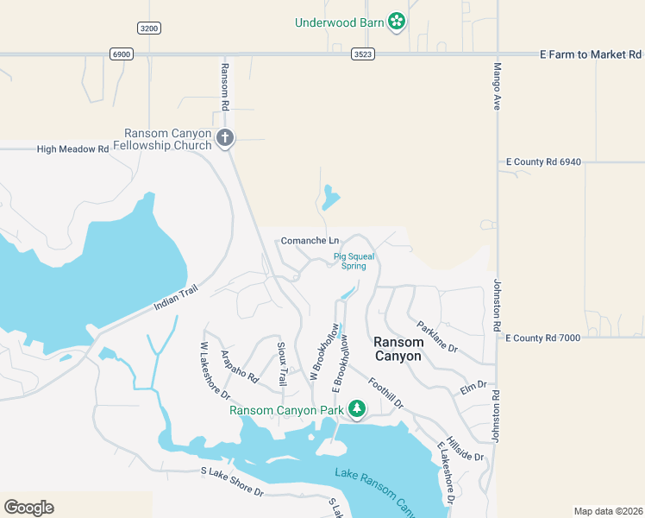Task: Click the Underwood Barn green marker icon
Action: [397, 22]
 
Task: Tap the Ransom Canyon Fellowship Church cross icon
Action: [225, 137]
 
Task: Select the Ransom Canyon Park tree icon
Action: [357, 409]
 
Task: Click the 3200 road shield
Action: [149, 28]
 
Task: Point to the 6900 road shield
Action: [122, 54]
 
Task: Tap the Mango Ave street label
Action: [498, 86]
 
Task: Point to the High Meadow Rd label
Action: [72, 149]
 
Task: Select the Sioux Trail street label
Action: [281, 363]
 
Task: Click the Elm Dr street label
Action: [473, 387]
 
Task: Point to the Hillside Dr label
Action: [465, 447]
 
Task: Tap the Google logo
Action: [28, 508]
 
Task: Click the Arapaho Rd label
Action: [240, 367]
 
